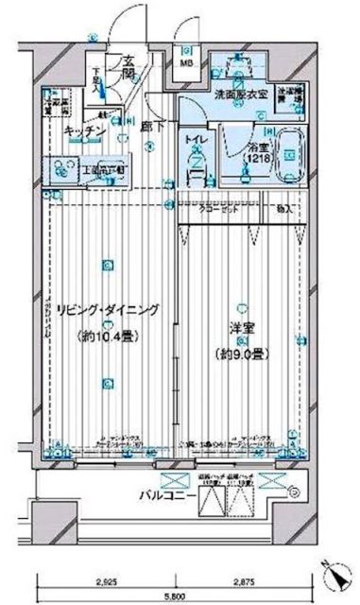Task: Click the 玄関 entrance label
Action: (x=129, y=69)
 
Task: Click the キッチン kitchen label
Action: (x=84, y=133)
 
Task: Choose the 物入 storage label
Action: (x=284, y=208)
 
